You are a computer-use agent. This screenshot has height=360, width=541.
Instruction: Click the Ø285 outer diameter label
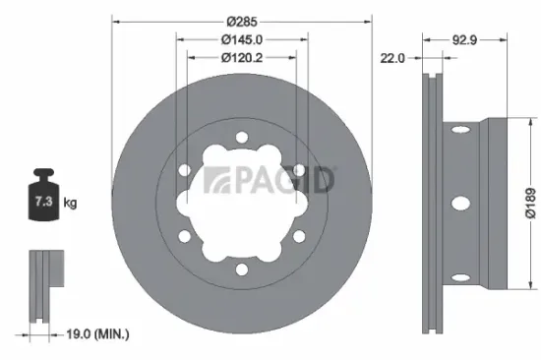[241, 20]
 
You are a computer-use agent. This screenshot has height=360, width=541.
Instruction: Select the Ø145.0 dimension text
[241, 39]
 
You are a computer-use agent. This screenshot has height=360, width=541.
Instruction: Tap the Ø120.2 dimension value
[241, 57]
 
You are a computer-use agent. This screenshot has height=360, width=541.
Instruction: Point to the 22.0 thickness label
[393, 58]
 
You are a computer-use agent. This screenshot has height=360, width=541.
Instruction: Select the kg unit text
[71, 203]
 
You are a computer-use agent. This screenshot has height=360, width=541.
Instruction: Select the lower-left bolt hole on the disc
[185, 237]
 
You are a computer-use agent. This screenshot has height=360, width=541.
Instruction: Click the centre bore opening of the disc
[241, 205]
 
